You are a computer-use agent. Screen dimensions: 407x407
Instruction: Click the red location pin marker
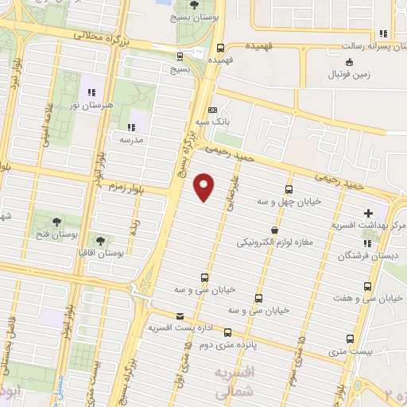[x=204, y=186]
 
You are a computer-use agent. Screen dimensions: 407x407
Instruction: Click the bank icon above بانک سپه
[x=212, y=110]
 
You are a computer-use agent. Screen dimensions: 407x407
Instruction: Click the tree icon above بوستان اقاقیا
[x=99, y=240]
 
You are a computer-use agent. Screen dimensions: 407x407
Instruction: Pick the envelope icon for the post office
[x=179, y=316]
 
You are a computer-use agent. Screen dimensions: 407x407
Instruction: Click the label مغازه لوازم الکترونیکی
[x=273, y=242]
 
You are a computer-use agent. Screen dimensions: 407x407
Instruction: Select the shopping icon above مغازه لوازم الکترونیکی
[x=274, y=230]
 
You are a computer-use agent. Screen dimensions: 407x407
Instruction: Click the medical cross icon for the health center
[x=367, y=213]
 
